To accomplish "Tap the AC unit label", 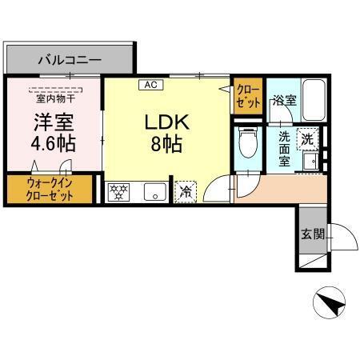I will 150,83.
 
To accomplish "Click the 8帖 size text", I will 165,146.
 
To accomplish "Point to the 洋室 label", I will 52,125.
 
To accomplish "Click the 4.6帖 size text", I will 52,146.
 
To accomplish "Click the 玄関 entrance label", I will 312,234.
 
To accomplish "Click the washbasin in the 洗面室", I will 311,162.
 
